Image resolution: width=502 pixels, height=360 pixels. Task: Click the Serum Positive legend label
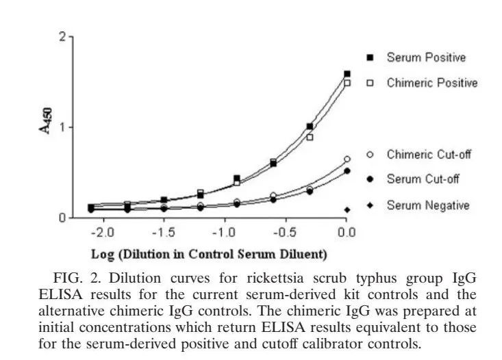pyautogui.click(x=425, y=57)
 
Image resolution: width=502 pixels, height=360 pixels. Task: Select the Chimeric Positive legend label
pyautogui.click(x=431, y=83)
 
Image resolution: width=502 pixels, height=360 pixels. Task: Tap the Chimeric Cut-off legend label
pyautogui.click(x=429, y=154)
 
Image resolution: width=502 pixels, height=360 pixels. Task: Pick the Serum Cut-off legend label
pyautogui.click(x=423, y=179)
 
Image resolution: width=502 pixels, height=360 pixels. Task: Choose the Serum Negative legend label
pyautogui.click(x=427, y=205)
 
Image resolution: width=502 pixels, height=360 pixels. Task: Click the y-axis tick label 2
pyautogui.click(x=62, y=37)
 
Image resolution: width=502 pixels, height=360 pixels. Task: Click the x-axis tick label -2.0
pyautogui.click(x=102, y=233)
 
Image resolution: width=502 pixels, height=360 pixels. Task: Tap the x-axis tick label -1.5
pyautogui.click(x=164, y=233)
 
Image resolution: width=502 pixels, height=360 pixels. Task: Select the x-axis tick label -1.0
pyautogui.click(x=225, y=233)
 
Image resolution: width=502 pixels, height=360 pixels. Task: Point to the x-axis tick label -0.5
pyautogui.click(x=286, y=233)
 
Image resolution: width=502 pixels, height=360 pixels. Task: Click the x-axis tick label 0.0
pyautogui.click(x=347, y=233)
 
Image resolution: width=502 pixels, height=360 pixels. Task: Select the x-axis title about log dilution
pyautogui.click(x=209, y=255)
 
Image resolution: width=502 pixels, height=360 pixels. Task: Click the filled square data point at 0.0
pyautogui.click(x=347, y=74)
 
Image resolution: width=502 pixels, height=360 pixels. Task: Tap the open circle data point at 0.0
pyautogui.click(x=347, y=159)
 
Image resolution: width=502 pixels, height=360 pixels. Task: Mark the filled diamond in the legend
pyautogui.click(x=347, y=209)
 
